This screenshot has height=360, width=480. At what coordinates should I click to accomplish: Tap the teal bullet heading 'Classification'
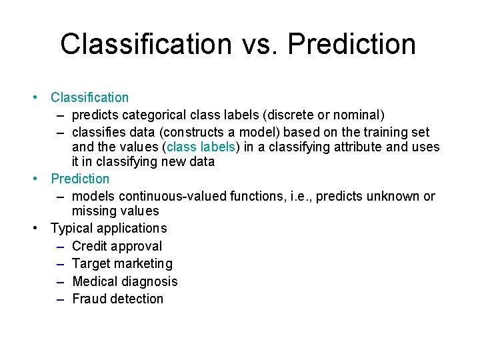click(x=90, y=97)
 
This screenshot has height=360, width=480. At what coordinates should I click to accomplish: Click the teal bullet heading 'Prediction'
click(x=80, y=179)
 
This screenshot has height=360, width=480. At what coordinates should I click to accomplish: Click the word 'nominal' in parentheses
click(x=355, y=115)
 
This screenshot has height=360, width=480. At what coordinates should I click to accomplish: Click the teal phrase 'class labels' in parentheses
click(x=201, y=147)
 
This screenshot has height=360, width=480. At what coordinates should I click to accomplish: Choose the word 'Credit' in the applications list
click(x=90, y=246)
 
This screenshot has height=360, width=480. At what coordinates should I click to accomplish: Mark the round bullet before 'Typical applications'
click(x=36, y=228)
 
